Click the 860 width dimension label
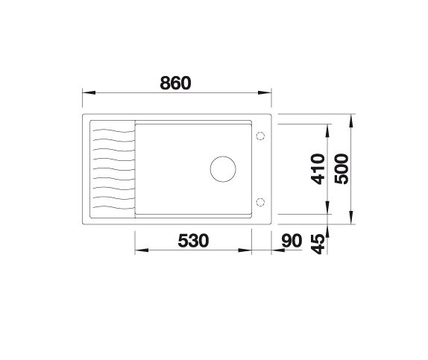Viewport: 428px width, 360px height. pyautogui.click(x=175, y=83)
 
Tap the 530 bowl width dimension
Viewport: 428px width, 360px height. pyautogui.click(x=193, y=241)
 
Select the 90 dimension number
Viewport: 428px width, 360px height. pyautogui.click(x=292, y=241)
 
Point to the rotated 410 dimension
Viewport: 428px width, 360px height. pyautogui.click(x=318, y=169)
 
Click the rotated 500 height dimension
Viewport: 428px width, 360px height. pyautogui.click(x=342, y=169)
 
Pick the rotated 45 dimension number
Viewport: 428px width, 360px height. pyautogui.click(x=318, y=244)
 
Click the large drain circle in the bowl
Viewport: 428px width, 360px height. pyautogui.click(x=223, y=169)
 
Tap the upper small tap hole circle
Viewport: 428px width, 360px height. pyautogui.click(x=260, y=136)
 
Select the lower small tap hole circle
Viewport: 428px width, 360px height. pyautogui.click(x=260, y=202)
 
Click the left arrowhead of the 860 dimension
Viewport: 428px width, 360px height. pyautogui.click(x=89, y=93)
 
